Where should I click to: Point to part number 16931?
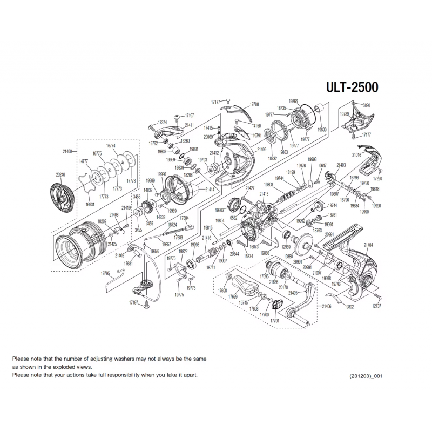tap(90, 205)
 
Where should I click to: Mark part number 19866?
tap(293, 101)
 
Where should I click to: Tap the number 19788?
tap(254, 104)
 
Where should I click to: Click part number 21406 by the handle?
tap(327, 306)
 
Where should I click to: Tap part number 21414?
tap(210, 190)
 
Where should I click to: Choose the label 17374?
tap(162, 123)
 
